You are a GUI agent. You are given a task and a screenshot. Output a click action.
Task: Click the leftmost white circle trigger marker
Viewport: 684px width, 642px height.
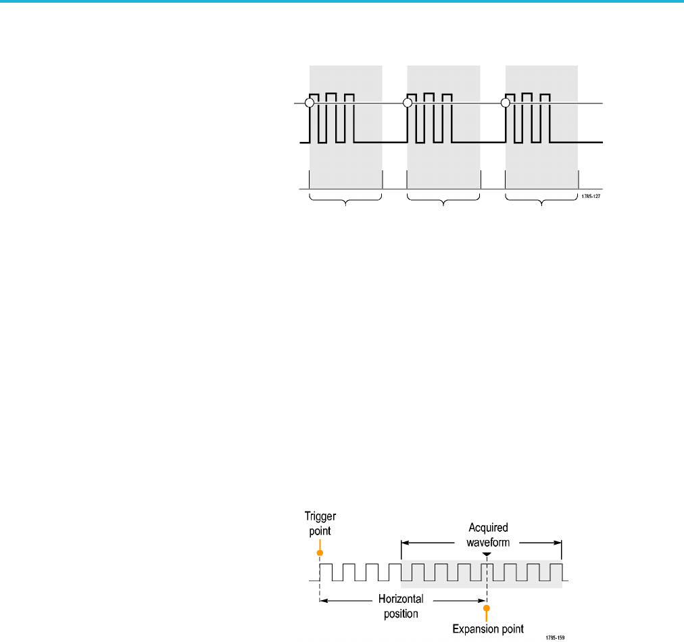click(310, 103)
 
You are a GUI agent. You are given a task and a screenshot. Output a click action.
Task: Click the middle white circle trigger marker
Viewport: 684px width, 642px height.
click(408, 103)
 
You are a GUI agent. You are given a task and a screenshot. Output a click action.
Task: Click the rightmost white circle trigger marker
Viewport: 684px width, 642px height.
click(505, 103)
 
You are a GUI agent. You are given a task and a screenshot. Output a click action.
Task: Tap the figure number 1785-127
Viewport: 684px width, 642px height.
click(591, 196)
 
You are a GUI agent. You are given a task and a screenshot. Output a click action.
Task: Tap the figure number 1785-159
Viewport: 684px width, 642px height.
click(555, 638)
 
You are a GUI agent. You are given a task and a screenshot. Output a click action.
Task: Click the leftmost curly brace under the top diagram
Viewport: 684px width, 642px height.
click(345, 200)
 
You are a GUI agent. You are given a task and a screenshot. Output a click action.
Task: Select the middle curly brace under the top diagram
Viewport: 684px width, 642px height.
click(443, 200)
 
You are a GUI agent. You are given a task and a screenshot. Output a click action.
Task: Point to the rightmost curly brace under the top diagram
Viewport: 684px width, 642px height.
click(541, 200)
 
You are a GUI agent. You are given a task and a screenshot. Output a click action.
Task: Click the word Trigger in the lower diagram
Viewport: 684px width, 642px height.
click(320, 517)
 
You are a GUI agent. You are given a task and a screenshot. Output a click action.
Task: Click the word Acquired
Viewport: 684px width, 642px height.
click(488, 528)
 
